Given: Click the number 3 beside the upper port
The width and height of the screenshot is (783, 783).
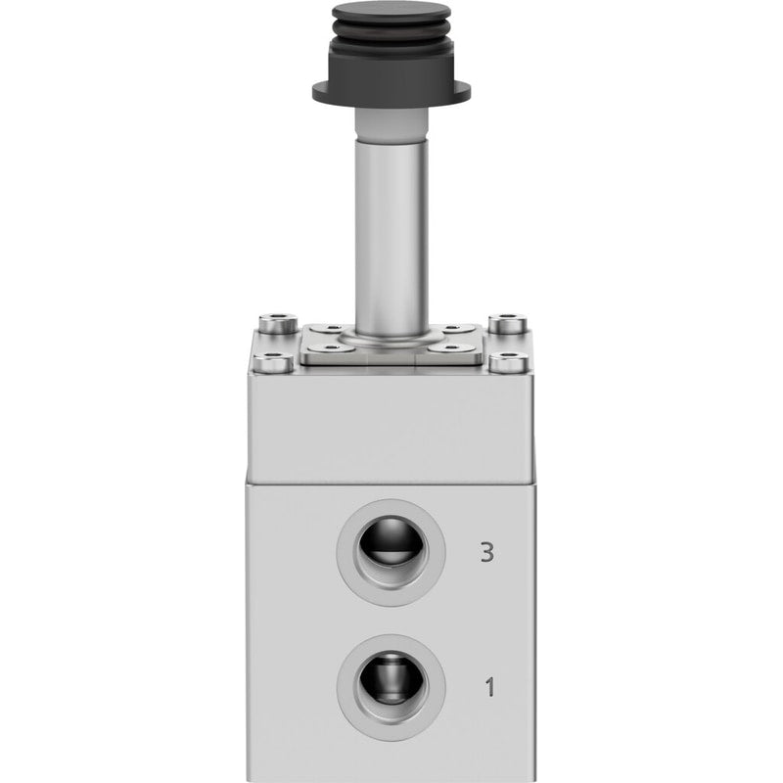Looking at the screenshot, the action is [486, 552].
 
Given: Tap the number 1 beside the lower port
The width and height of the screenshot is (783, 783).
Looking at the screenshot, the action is [490, 687].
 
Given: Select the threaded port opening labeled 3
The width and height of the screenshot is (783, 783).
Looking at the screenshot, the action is [391, 552].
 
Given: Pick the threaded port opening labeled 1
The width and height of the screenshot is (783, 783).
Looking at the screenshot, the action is [391, 687].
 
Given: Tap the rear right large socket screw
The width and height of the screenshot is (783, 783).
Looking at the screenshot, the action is [507, 323].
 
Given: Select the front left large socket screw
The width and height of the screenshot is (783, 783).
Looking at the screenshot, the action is [273, 362].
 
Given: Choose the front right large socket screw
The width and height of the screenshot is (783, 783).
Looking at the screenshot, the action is [509, 362].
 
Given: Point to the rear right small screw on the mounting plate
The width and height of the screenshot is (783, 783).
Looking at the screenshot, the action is [452, 329].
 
